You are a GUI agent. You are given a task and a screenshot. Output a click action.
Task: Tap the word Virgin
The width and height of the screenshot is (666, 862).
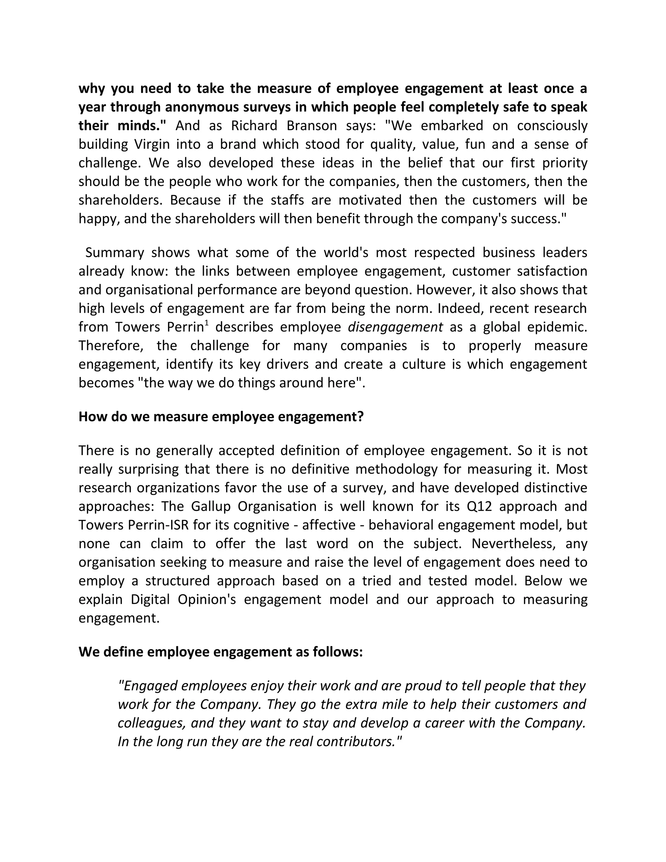point(152,144)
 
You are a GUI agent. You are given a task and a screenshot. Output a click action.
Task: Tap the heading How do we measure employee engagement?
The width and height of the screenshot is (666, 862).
point(221,416)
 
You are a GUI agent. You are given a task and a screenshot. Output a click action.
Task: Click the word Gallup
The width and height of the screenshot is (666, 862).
point(211,506)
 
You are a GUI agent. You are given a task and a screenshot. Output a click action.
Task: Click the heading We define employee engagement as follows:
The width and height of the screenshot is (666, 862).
point(220,652)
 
